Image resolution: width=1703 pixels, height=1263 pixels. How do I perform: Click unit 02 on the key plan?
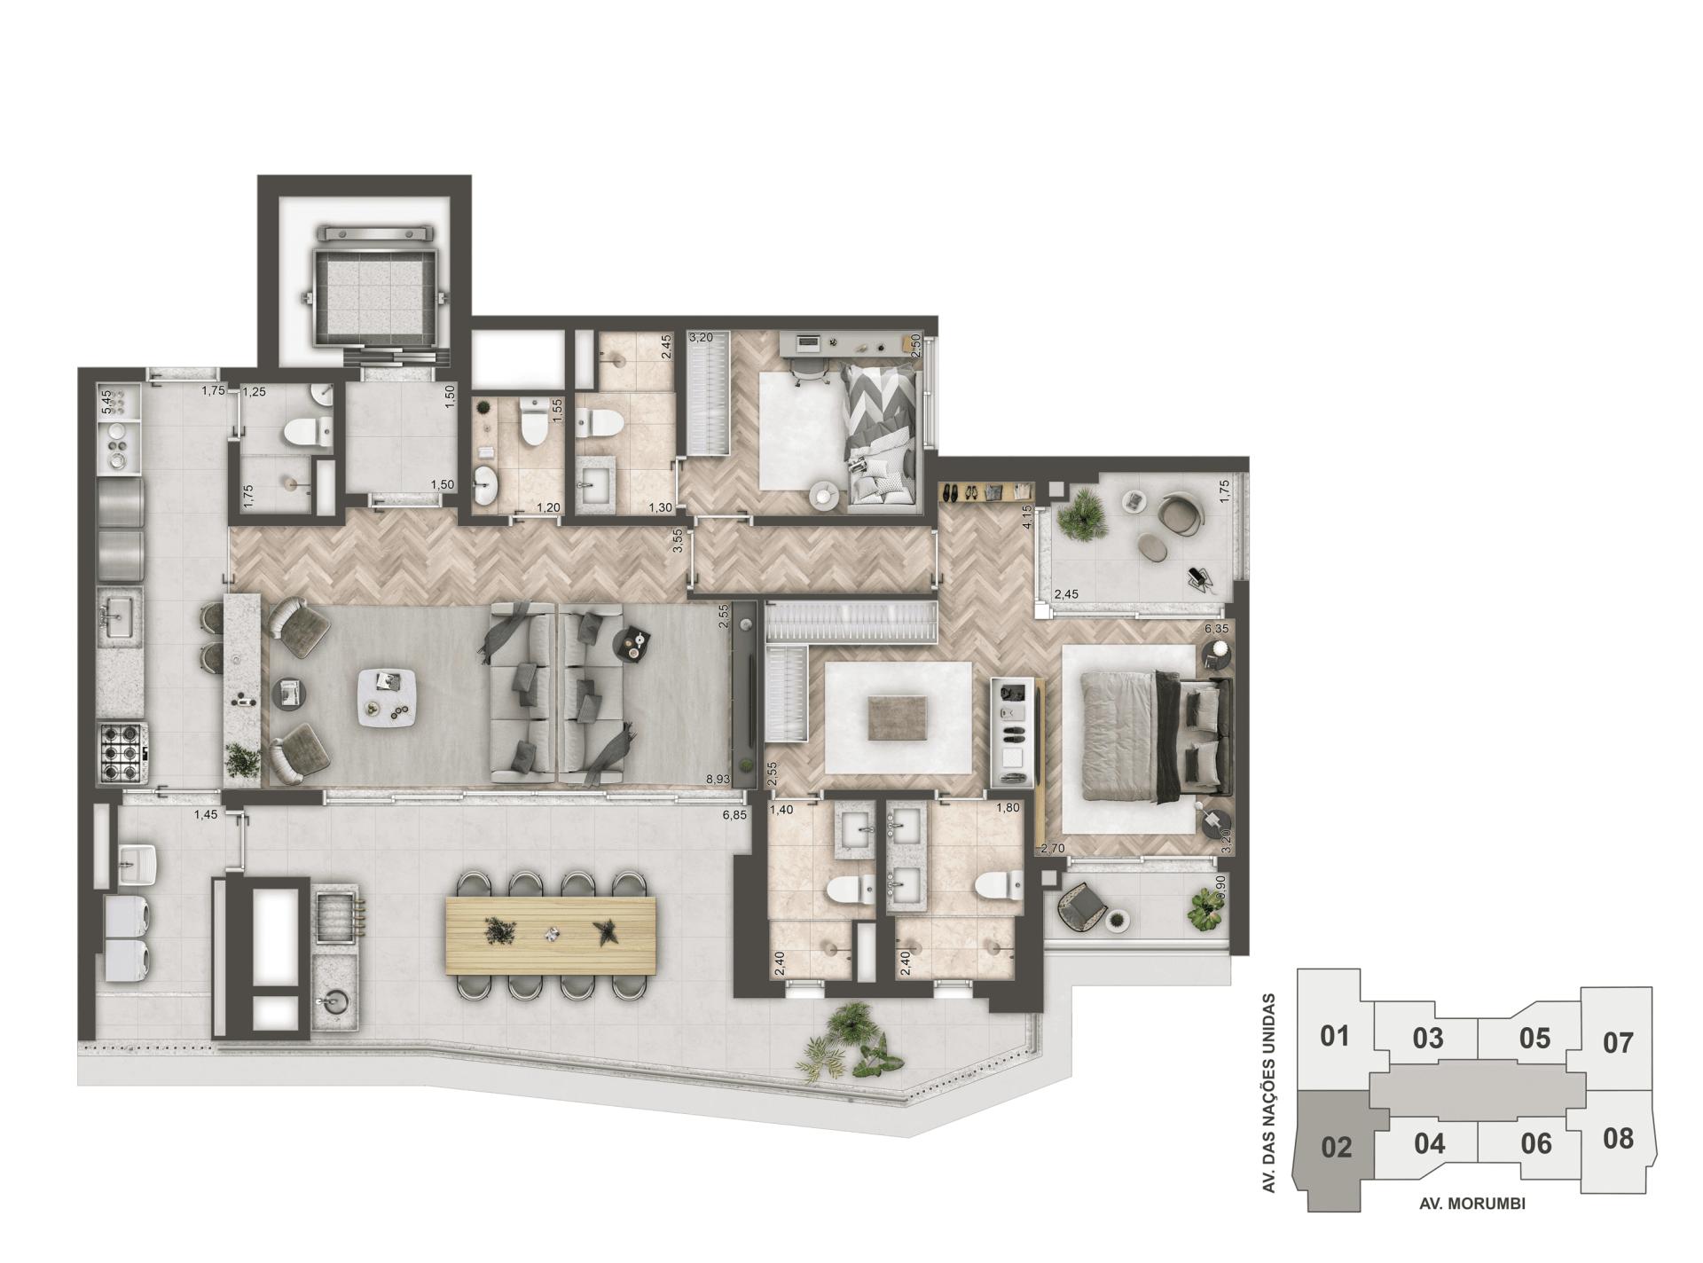[x=1336, y=1147]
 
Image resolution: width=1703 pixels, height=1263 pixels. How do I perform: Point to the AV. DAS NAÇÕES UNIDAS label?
[x=1269, y=1093]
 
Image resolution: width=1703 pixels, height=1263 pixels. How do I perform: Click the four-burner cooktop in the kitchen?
[x=122, y=752]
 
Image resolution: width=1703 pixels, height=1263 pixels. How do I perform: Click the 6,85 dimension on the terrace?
[x=734, y=814]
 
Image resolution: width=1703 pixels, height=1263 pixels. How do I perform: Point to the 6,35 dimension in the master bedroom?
[x=1215, y=628]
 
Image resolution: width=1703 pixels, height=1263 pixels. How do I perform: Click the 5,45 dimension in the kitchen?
[x=106, y=402]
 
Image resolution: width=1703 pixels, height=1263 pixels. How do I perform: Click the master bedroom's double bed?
[x=1149, y=738]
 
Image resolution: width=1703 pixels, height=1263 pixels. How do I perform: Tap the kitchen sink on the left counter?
[x=116, y=615]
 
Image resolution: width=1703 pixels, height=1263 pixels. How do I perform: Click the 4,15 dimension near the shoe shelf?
[x=1026, y=516]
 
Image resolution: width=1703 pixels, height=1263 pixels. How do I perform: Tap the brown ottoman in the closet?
[x=899, y=717]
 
